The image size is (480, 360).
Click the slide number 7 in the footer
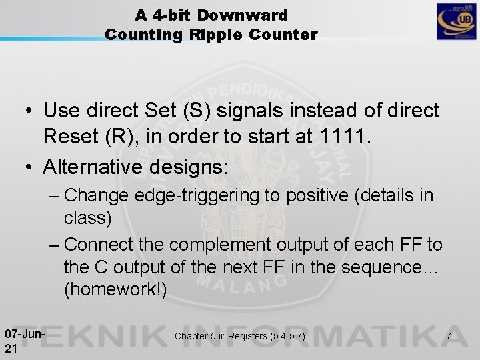pos(449,336)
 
